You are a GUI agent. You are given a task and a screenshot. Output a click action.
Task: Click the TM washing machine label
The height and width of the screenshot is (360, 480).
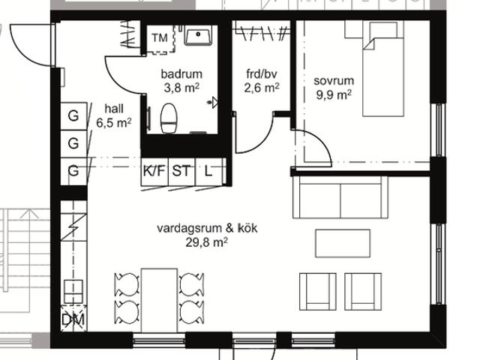pos(160,38)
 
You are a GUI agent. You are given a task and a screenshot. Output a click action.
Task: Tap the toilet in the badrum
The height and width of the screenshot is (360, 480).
pos(169,118)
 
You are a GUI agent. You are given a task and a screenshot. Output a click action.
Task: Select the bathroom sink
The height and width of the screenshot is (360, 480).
pos(198,35)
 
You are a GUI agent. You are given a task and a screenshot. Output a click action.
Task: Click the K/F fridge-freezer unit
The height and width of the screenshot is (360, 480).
pos(154,172)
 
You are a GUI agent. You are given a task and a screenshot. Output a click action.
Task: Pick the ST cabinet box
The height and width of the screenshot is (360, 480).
pos(181,172)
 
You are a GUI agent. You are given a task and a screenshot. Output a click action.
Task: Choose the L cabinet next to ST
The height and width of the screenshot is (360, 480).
pos(210,172)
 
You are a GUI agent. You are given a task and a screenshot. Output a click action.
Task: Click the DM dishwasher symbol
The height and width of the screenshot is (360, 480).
pos(73,318)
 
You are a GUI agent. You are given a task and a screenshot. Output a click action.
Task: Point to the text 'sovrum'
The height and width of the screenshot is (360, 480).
pos(334,81)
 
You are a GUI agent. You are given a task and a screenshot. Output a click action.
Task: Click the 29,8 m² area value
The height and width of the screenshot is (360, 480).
pos(207,242)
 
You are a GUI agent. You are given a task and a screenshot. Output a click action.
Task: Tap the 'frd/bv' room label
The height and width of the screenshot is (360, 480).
pos(262,74)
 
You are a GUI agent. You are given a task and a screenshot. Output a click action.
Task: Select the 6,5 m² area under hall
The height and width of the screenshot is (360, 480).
pos(114,123)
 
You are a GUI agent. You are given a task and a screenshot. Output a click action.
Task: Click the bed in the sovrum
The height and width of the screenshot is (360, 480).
pos(382,69)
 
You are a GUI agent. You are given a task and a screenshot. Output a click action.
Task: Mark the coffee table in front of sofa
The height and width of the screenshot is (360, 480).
pos(343,243)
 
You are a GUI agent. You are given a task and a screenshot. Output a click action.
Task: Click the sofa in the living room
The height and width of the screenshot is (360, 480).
pos(340,196)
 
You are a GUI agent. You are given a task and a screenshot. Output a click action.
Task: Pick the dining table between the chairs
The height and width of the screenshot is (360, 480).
pos(159,300)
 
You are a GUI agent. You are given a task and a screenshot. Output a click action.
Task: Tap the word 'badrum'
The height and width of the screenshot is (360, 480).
pos(181,74)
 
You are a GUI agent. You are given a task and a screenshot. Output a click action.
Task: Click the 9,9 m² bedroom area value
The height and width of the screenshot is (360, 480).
pos(334,95)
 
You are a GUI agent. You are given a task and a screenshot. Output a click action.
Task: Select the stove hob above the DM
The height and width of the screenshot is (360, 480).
pos(73,292)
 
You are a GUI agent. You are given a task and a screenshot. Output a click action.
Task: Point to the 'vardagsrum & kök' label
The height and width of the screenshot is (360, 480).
pos(207,228)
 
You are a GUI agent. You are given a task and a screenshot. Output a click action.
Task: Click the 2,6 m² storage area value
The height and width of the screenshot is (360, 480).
pos(262,88)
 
